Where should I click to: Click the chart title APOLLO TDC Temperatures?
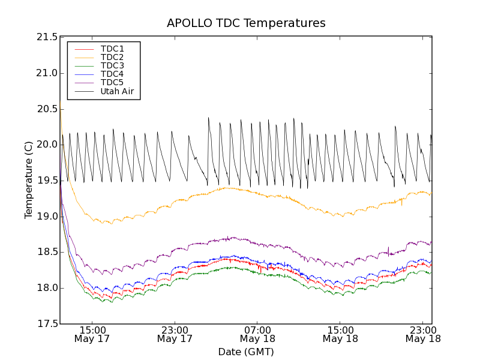click(x=246, y=23)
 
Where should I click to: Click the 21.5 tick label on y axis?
click(x=46, y=37)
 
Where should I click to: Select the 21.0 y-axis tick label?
click(x=46, y=73)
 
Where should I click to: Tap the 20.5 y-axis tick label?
click(x=46, y=109)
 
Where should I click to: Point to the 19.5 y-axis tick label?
click(x=46, y=181)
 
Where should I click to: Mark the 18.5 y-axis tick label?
click(x=46, y=252)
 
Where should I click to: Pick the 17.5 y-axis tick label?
click(x=46, y=324)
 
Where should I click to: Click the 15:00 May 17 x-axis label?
click(x=93, y=334)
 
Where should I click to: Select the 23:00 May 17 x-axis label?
click(x=175, y=334)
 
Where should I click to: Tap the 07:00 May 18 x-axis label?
click(x=258, y=334)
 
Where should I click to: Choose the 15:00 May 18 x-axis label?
click(x=340, y=334)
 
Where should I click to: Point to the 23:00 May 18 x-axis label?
click(x=422, y=334)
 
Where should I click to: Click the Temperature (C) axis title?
click(x=29, y=180)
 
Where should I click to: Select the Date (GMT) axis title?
click(x=246, y=352)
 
